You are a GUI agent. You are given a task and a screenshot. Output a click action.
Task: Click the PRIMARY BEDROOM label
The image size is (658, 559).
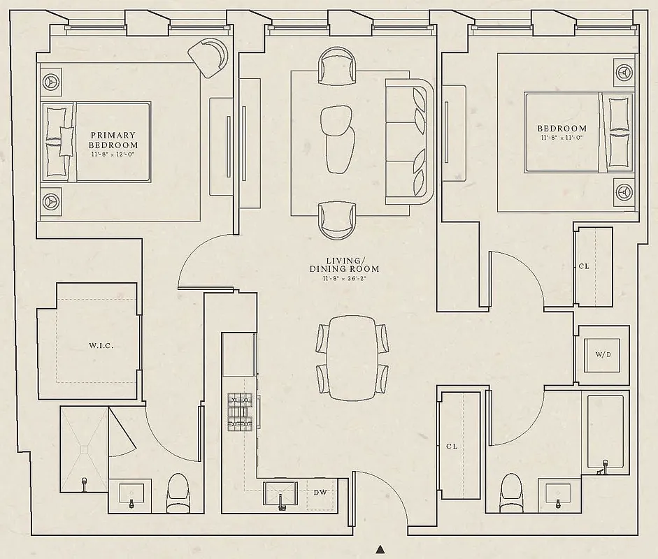[113, 140]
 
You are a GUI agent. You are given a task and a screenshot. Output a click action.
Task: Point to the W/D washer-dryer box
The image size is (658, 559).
[603, 355]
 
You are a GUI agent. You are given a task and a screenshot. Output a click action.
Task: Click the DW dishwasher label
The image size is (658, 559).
[320, 493]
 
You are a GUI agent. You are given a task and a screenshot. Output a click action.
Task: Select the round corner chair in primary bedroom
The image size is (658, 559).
[209, 56]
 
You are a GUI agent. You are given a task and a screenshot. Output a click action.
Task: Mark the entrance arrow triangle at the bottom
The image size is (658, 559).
[380, 549]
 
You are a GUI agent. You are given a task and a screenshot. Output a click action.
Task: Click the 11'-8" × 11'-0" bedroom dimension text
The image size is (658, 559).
[562, 138]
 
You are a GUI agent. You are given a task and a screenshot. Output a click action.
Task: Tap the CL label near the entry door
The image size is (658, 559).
[451, 446]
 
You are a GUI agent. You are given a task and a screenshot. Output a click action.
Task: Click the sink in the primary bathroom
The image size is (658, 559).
[131, 495]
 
